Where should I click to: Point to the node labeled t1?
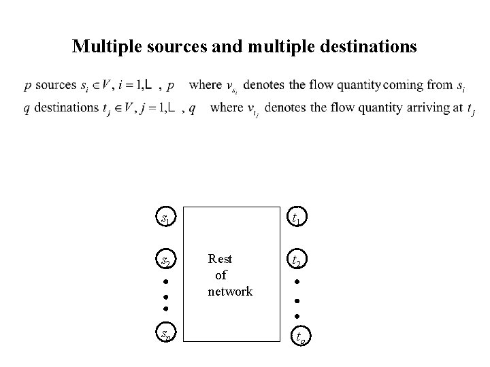click(x=297, y=218)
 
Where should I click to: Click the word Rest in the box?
click(x=220, y=259)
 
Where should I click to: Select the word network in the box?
click(x=230, y=292)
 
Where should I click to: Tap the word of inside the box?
click(x=220, y=275)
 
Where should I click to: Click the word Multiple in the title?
click(x=105, y=47)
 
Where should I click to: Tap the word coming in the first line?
click(x=407, y=86)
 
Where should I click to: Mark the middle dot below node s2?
click(x=166, y=296)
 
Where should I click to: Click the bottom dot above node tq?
click(x=297, y=316)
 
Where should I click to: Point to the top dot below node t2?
click(x=297, y=281)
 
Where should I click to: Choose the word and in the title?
click(x=228, y=47)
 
